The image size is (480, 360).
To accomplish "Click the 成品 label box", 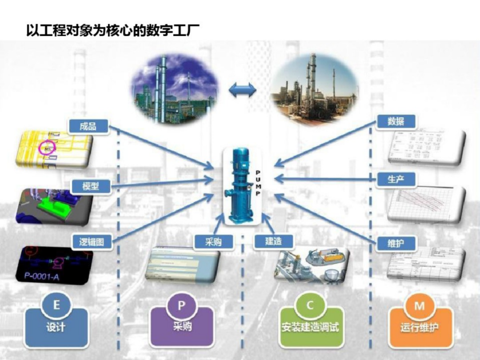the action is [x=88, y=126].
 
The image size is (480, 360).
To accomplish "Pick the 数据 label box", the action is [x=396, y=121].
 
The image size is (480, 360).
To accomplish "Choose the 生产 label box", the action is [x=396, y=179].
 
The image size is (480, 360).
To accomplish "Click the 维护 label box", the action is [x=396, y=243].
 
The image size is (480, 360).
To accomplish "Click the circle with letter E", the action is [x=56, y=306].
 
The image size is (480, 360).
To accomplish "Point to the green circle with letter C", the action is [x=310, y=306].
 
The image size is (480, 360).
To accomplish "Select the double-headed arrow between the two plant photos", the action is [x=243, y=91].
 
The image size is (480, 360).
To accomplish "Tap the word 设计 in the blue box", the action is [x=56, y=328].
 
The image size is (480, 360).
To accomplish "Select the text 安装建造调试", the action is [x=310, y=328].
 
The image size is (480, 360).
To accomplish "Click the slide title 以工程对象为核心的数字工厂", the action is [x=112, y=31].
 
